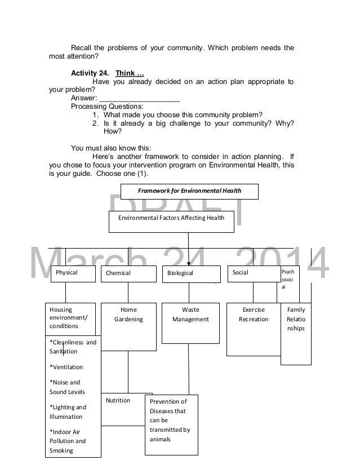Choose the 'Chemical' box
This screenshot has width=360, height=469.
tap(128, 274)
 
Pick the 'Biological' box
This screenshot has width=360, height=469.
tap(192, 274)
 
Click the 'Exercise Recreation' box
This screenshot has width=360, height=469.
tap(253, 329)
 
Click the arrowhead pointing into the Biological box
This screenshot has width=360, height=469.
tap(189, 263)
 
